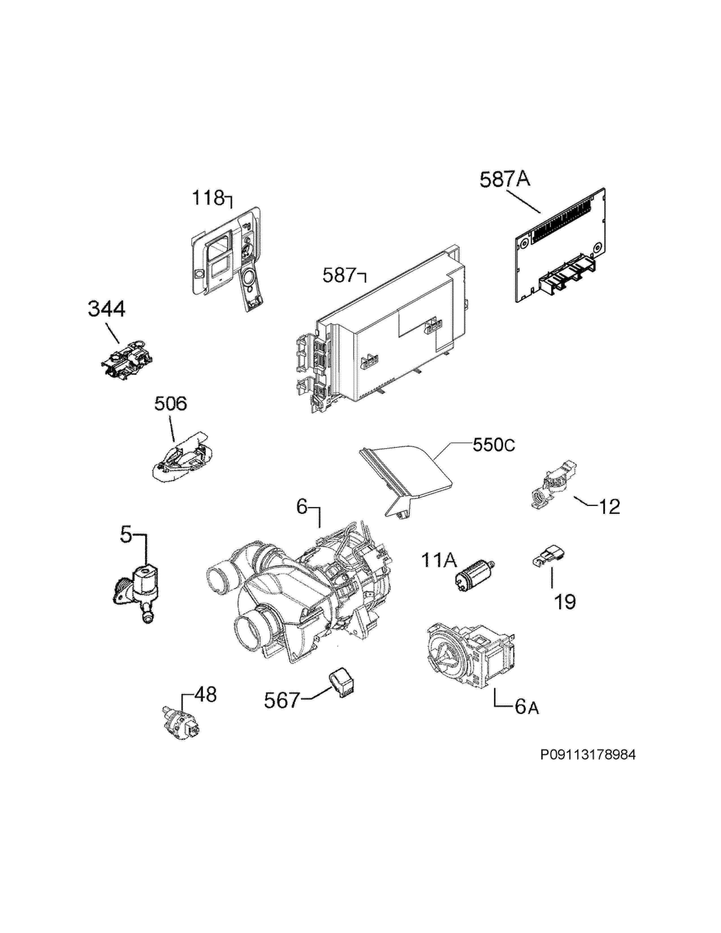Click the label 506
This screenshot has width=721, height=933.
click(170, 404)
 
